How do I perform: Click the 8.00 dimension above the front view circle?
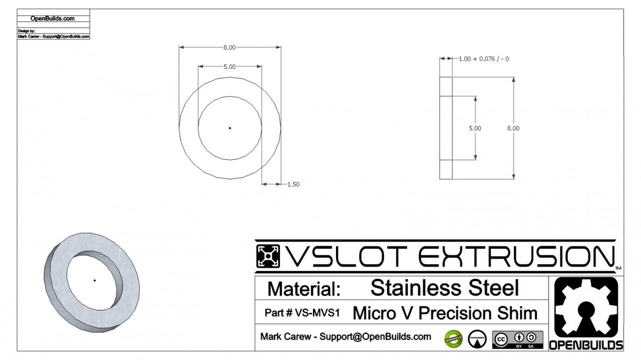pos(229,48)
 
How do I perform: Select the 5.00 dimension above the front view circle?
pos(229,67)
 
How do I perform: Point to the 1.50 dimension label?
pos(293,184)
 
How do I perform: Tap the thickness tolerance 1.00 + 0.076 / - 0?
pos(483,59)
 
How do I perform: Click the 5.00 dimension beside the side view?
pos(475,128)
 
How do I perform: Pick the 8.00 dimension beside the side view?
pos(513,128)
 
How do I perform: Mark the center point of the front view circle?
pos(230,128)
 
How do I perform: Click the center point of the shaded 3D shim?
pos(95,280)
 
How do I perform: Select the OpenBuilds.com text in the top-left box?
pos(53,18)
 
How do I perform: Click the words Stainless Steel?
pos(444,288)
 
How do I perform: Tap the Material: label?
pos(303,289)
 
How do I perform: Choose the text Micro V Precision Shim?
pos(445,313)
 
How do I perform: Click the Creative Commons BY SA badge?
pos(518,340)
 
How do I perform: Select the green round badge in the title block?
pos(452,339)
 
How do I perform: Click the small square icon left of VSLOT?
pos(269,257)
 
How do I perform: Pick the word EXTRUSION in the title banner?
pos(514,257)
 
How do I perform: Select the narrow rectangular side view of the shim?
pos(445,128)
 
